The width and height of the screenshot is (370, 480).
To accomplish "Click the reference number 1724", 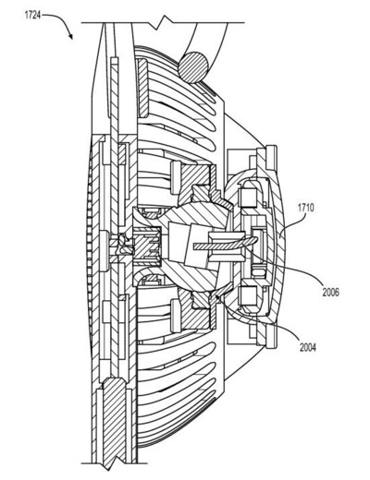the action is pyautogui.click(x=32, y=15).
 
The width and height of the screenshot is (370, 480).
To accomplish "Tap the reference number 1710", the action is pyautogui.click(x=305, y=208).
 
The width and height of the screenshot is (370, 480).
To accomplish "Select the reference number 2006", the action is pyautogui.click(x=331, y=292).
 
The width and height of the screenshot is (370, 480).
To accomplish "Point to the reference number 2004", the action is pyautogui.click(x=308, y=347).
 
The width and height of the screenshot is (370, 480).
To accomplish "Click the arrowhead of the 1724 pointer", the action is pyautogui.click(x=71, y=36).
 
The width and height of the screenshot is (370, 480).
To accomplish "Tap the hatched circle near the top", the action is pyautogui.click(x=193, y=67).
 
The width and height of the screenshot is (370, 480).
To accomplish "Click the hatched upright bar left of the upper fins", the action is pyautogui.click(x=142, y=88).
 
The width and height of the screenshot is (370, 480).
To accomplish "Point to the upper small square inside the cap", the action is pyautogui.click(x=248, y=197).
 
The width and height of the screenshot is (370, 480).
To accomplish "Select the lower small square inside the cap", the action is pyautogui.click(x=249, y=294).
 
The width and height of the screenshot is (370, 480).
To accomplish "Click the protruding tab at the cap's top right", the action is pyautogui.click(x=271, y=158).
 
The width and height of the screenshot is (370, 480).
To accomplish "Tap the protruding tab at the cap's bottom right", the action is pyautogui.click(x=271, y=337).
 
